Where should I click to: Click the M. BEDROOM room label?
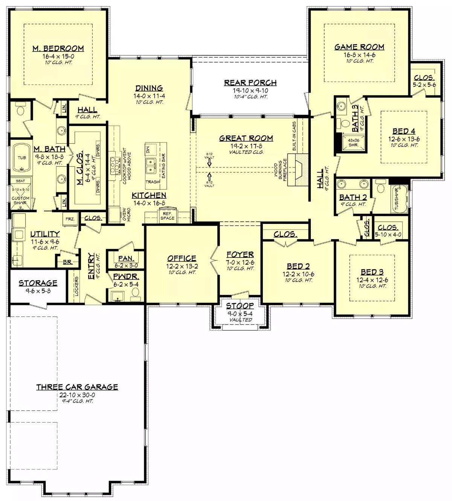coord(58,48)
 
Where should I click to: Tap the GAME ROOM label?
coord(359,47)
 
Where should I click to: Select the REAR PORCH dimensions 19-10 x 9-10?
coord(250,91)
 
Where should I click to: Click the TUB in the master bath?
coord(22,158)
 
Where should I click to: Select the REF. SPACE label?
coord(167,216)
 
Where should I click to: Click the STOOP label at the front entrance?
coord(240,306)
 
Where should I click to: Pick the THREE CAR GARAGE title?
coord(77,387)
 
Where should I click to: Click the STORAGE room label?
coord(38,283)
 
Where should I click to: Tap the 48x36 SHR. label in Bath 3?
coord(353,142)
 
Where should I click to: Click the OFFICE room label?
coord(182,258)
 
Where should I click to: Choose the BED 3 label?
coord(372,272)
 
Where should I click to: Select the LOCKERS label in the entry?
coord(77,286)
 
